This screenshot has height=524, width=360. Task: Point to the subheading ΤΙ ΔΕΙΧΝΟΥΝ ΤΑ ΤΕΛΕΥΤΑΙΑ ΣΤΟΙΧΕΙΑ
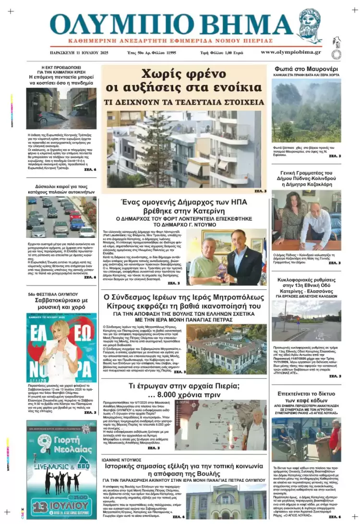click(x=184, y=102)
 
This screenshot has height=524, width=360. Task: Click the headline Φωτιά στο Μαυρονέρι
click(x=306, y=69)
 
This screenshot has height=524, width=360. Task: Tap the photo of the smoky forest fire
click(x=306, y=110)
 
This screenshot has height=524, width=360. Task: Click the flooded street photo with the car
click(x=61, y=108)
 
